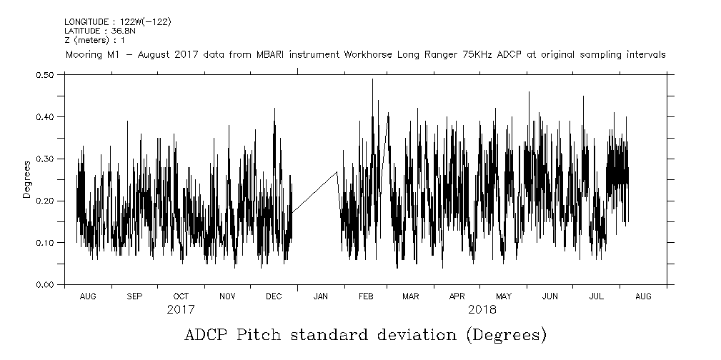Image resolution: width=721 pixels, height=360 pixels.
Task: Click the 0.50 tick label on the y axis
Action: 44,74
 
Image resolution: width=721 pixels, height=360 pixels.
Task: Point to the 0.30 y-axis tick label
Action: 44,159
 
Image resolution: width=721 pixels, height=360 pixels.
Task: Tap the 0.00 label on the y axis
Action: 44,285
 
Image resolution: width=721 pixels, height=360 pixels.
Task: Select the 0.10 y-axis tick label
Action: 44,243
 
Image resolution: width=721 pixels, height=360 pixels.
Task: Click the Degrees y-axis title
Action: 26,179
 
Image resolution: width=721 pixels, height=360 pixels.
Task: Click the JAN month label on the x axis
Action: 321,296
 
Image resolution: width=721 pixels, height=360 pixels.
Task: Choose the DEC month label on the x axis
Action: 274,296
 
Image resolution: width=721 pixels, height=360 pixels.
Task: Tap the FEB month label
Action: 367,296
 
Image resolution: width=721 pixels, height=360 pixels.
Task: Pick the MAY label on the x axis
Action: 504,296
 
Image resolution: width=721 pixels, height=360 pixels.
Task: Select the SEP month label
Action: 134,296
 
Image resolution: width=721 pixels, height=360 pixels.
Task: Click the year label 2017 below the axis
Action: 180,310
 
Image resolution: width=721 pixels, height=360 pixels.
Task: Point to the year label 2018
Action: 482,310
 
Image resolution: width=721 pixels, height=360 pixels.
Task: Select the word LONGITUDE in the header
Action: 86,21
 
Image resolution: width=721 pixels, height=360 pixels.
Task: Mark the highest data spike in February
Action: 372,80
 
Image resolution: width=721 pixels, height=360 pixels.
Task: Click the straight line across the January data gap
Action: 314,192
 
